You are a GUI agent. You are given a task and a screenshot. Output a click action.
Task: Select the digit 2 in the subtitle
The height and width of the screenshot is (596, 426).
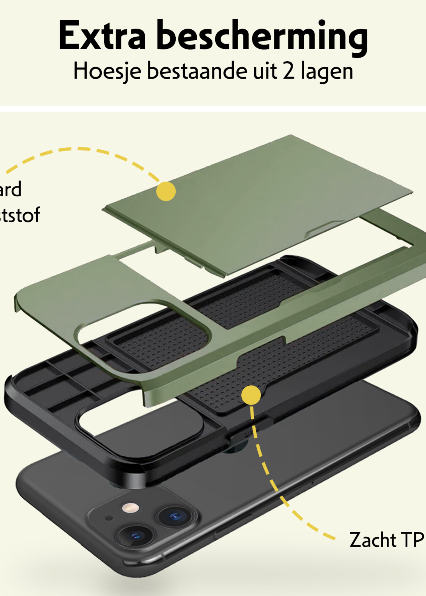[x=289, y=71]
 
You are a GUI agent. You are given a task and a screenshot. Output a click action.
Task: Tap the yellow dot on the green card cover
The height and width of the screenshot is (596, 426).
[x=166, y=191]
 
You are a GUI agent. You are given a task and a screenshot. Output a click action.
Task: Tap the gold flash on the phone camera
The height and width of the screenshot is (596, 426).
[x=130, y=508]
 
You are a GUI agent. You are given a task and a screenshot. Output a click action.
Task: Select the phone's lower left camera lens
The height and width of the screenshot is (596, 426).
[x=136, y=535]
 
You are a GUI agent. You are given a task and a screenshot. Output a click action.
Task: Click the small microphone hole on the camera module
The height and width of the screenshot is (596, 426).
[x=109, y=518]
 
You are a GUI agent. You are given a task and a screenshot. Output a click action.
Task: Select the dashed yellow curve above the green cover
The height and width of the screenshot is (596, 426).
[x=79, y=149]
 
